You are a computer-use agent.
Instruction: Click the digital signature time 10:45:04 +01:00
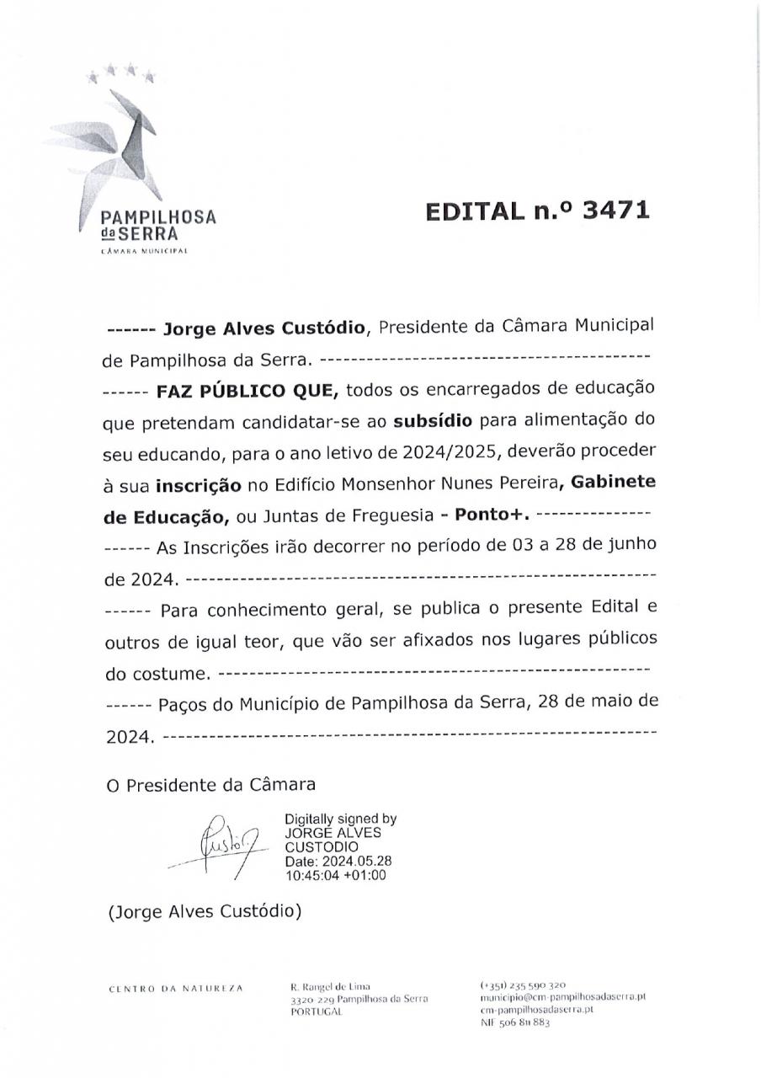[x=335, y=875]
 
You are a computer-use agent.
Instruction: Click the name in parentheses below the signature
[x=205, y=911]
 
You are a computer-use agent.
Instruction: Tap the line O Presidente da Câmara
[x=210, y=785]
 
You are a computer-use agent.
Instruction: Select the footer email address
[x=562, y=996]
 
